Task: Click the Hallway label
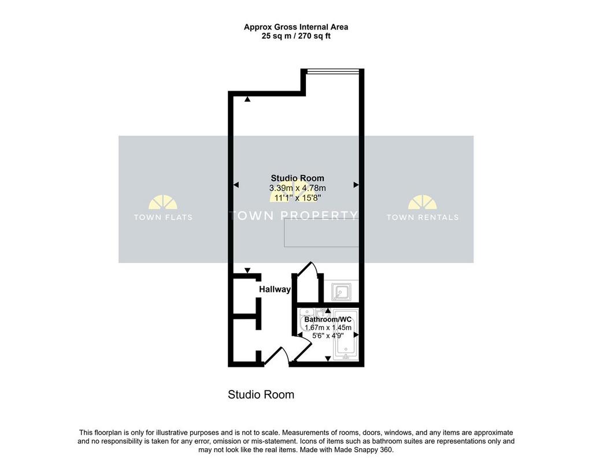coord(275,289)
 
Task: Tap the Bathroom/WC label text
coord(328,319)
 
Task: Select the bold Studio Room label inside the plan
coord(298,178)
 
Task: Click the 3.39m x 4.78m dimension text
coord(298,188)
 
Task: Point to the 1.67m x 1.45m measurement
coord(328,328)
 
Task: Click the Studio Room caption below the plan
coord(261,395)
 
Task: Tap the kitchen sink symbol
coord(341,292)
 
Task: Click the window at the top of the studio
coord(332,70)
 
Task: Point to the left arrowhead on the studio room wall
coord(236,185)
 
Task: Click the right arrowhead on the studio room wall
coord(356,185)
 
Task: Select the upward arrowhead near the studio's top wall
coord(247,99)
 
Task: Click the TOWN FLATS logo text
coord(163,217)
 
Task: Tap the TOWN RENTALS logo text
coord(423,217)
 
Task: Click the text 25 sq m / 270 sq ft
coord(296,36)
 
